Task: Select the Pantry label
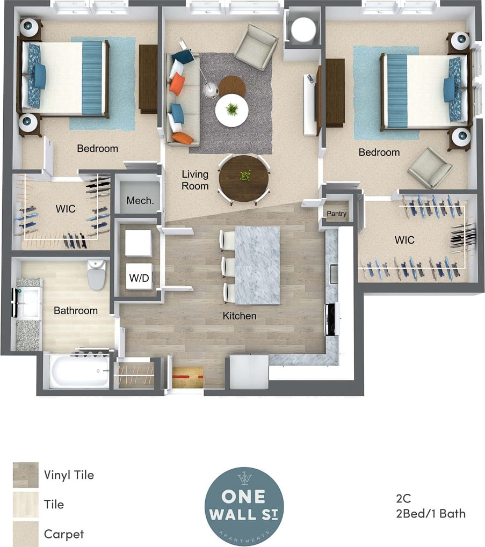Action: point(337,214)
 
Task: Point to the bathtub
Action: point(79,370)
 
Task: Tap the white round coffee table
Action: point(232,111)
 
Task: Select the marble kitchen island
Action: point(257,265)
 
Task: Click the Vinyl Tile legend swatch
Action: point(26,475)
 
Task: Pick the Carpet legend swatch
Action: point(26,534)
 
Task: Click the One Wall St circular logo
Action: point(244,506)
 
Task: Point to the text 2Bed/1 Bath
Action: point(429,514)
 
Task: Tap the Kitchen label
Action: point(240,316)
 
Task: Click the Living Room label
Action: point(195,180)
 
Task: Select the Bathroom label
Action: point(76,310)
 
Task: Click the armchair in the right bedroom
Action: point(430,167)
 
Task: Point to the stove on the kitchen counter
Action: point(331,319)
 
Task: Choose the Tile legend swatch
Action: point(26,505)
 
